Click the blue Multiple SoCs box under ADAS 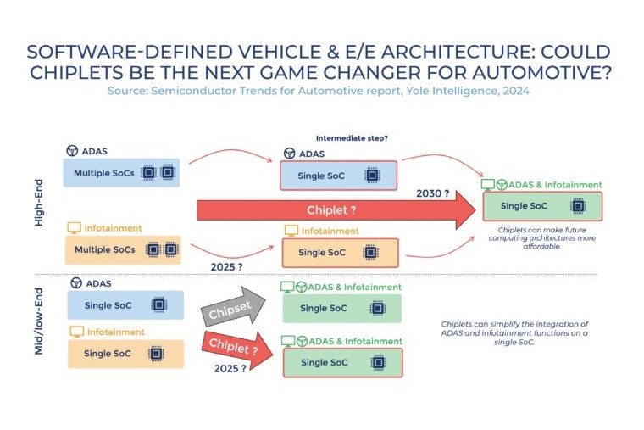[x=122, y=172]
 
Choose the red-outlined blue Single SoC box [x=340, y=176]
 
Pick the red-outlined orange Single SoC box [x=340, y=252]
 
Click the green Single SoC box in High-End [x=542, y=206]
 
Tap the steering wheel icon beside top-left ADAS [x=73, y=150]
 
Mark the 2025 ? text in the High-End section [x=227, y=269]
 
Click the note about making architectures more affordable [x=542, y=239]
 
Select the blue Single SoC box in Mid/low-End [x=125, y=304]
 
